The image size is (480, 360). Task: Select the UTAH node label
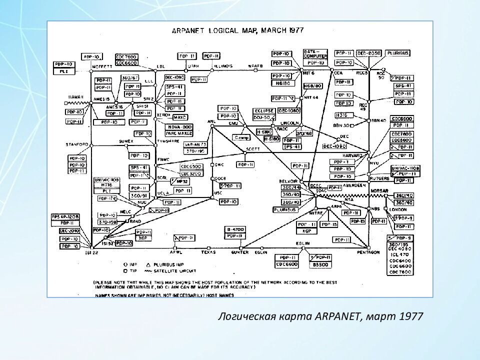[x=193, y=65]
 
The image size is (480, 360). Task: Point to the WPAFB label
[x=255, y=65]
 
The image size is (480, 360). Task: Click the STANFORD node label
[x=77, y=144]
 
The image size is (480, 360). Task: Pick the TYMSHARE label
[x=168, y=141]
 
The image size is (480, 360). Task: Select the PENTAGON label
[x=370, y=252]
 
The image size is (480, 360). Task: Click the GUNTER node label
[x=240, y=252]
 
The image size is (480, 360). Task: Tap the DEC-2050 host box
[x=369, y=53]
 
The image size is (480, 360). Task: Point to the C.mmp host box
[x=241, y=137]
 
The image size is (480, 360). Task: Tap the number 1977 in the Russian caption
[x=411, y=316]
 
